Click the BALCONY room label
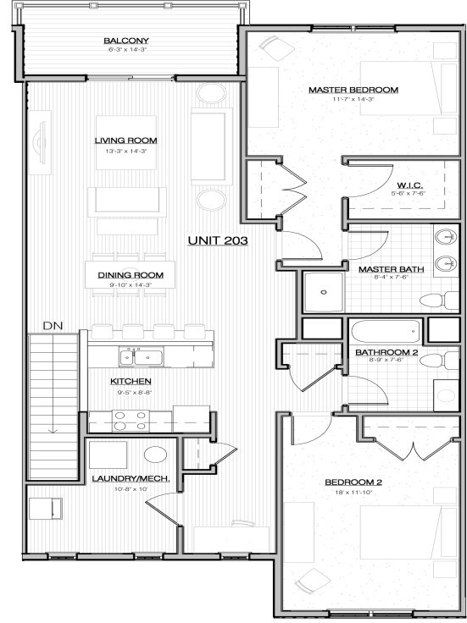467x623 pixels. tap(126, 41)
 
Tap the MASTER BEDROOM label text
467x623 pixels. tap(353, 90)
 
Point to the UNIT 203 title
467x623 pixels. tap(217, 241)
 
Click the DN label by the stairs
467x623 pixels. tap(53, 325)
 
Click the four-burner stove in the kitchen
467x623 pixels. tap(129, 421)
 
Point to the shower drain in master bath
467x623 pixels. tap(323, 292)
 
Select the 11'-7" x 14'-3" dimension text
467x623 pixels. tap(353, 100)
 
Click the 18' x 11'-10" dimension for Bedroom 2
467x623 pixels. tap(353, 493)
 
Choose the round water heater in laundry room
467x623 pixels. tap(155, 455)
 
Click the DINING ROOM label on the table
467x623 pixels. tap(130, 275)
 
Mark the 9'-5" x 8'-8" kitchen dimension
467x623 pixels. tap(131, 391)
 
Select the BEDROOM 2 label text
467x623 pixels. tap(353, 483)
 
